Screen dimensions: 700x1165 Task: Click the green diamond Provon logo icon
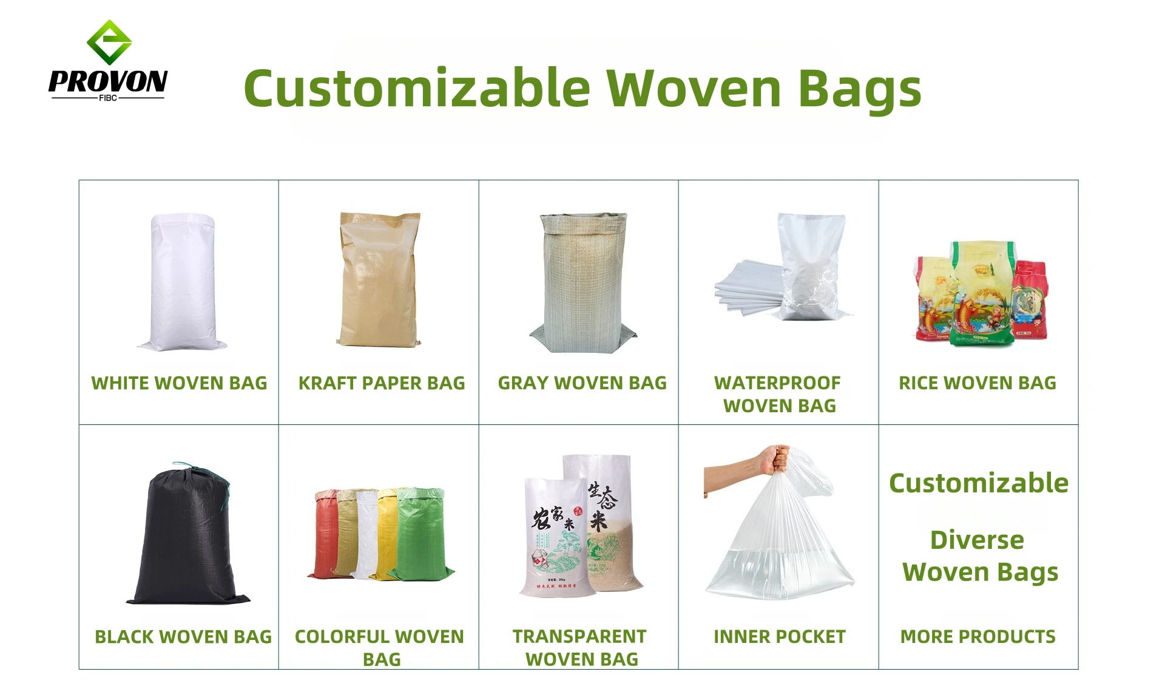point(109,42)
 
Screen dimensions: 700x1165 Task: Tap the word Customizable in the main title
point(417,89)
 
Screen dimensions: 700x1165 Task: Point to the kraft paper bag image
point(379,280)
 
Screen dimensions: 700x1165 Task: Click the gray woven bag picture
point(582,282)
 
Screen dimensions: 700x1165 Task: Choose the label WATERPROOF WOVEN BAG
point(778,394)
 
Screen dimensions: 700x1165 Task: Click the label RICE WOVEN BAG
point(978,383)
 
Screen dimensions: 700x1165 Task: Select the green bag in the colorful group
point(422,534)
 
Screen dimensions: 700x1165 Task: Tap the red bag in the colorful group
point(325,534)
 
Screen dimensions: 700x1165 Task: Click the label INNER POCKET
point(779,637)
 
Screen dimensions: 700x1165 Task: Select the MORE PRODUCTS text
point(978,637)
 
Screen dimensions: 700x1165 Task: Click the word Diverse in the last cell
point(977,540)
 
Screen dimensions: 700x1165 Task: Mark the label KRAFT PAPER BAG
point(382,383)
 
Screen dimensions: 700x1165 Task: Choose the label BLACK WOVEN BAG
point(183,637)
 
